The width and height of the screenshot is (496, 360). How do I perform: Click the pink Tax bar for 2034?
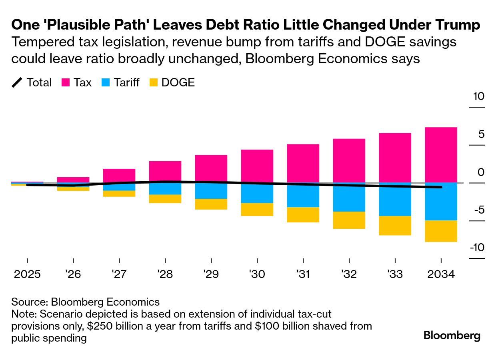(x=441, y=155)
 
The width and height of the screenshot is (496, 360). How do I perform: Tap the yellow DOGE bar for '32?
(x=349, y=220)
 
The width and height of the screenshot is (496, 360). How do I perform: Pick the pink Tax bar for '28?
(x=165, y=171)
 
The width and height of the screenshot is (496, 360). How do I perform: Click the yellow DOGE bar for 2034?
(x=441, y=231)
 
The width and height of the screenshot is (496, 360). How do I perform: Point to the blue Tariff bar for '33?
(x=395, y=200)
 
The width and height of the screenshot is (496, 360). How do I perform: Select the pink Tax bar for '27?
(x=119, y=175)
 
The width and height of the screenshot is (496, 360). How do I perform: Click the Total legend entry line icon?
(x=17, y=83)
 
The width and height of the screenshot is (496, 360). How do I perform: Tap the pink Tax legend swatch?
(x=66, y=83)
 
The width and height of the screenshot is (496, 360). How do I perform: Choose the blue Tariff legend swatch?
(x=106, y=83)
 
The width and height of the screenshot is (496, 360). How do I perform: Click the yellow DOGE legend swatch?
(x=154, y=83)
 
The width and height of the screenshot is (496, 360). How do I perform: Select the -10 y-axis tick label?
(x=476, y=248)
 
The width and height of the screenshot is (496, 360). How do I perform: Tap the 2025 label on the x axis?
(x=27, y=275)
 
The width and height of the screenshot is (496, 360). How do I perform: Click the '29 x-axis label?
(x=211, y=275)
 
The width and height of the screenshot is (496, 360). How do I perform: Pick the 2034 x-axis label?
(x=441, y=275)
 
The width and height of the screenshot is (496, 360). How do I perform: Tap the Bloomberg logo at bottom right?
(x=452, y=335)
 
